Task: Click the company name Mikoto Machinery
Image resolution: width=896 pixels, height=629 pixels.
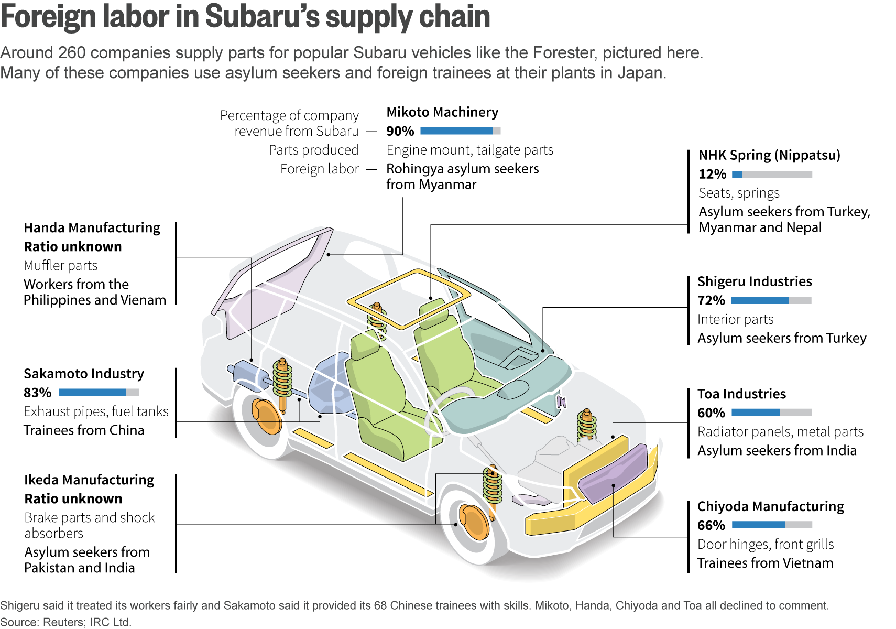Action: tap(442, 113)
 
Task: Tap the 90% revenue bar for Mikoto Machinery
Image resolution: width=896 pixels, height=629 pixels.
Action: tap(461, 131)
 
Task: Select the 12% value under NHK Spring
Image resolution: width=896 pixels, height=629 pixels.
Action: tap(712, 174)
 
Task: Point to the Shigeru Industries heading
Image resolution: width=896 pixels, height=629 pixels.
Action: tap(755, 281)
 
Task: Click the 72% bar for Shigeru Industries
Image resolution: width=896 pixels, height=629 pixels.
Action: tap(771, 300)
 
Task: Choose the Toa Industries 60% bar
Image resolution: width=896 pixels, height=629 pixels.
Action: tap(772, 412)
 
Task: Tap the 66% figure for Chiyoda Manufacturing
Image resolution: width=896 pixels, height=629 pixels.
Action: tap(711, 525)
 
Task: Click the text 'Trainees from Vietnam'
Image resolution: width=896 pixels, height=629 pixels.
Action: tap(765, 563)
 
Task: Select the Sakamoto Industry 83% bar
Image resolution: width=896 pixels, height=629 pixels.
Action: tap(99, 392)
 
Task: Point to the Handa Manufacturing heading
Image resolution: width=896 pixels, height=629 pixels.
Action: tap(92, 227)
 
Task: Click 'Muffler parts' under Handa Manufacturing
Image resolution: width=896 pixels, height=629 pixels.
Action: tap(60, 265)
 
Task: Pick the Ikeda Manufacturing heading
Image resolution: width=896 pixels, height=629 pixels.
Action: tap(89, 480)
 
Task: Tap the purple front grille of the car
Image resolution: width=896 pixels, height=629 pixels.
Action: tap(613, 474)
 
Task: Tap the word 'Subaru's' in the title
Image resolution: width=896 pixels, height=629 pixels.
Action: tap(262, 17)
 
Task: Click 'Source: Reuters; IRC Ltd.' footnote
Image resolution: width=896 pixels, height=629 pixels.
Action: tap(65, 622)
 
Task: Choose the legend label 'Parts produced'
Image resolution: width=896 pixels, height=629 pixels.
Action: tap(313, 150)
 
